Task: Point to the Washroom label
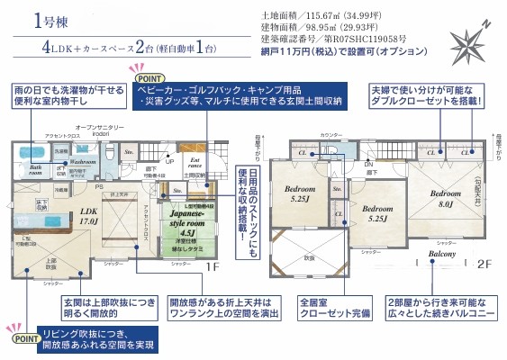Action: coord(84,162)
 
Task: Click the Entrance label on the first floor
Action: coord(195,162)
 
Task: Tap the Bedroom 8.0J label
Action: coord(445,199)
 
